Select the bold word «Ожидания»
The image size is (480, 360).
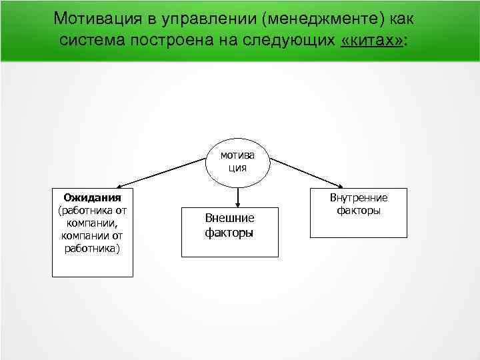(x=92, y=198)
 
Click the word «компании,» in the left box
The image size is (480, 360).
(x=92, y=223)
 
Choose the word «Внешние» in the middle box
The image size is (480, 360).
(x=229, y=219)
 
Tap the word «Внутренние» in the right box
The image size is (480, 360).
(x=358, y=198)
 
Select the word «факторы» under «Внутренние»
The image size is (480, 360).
(x=358, y=211)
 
